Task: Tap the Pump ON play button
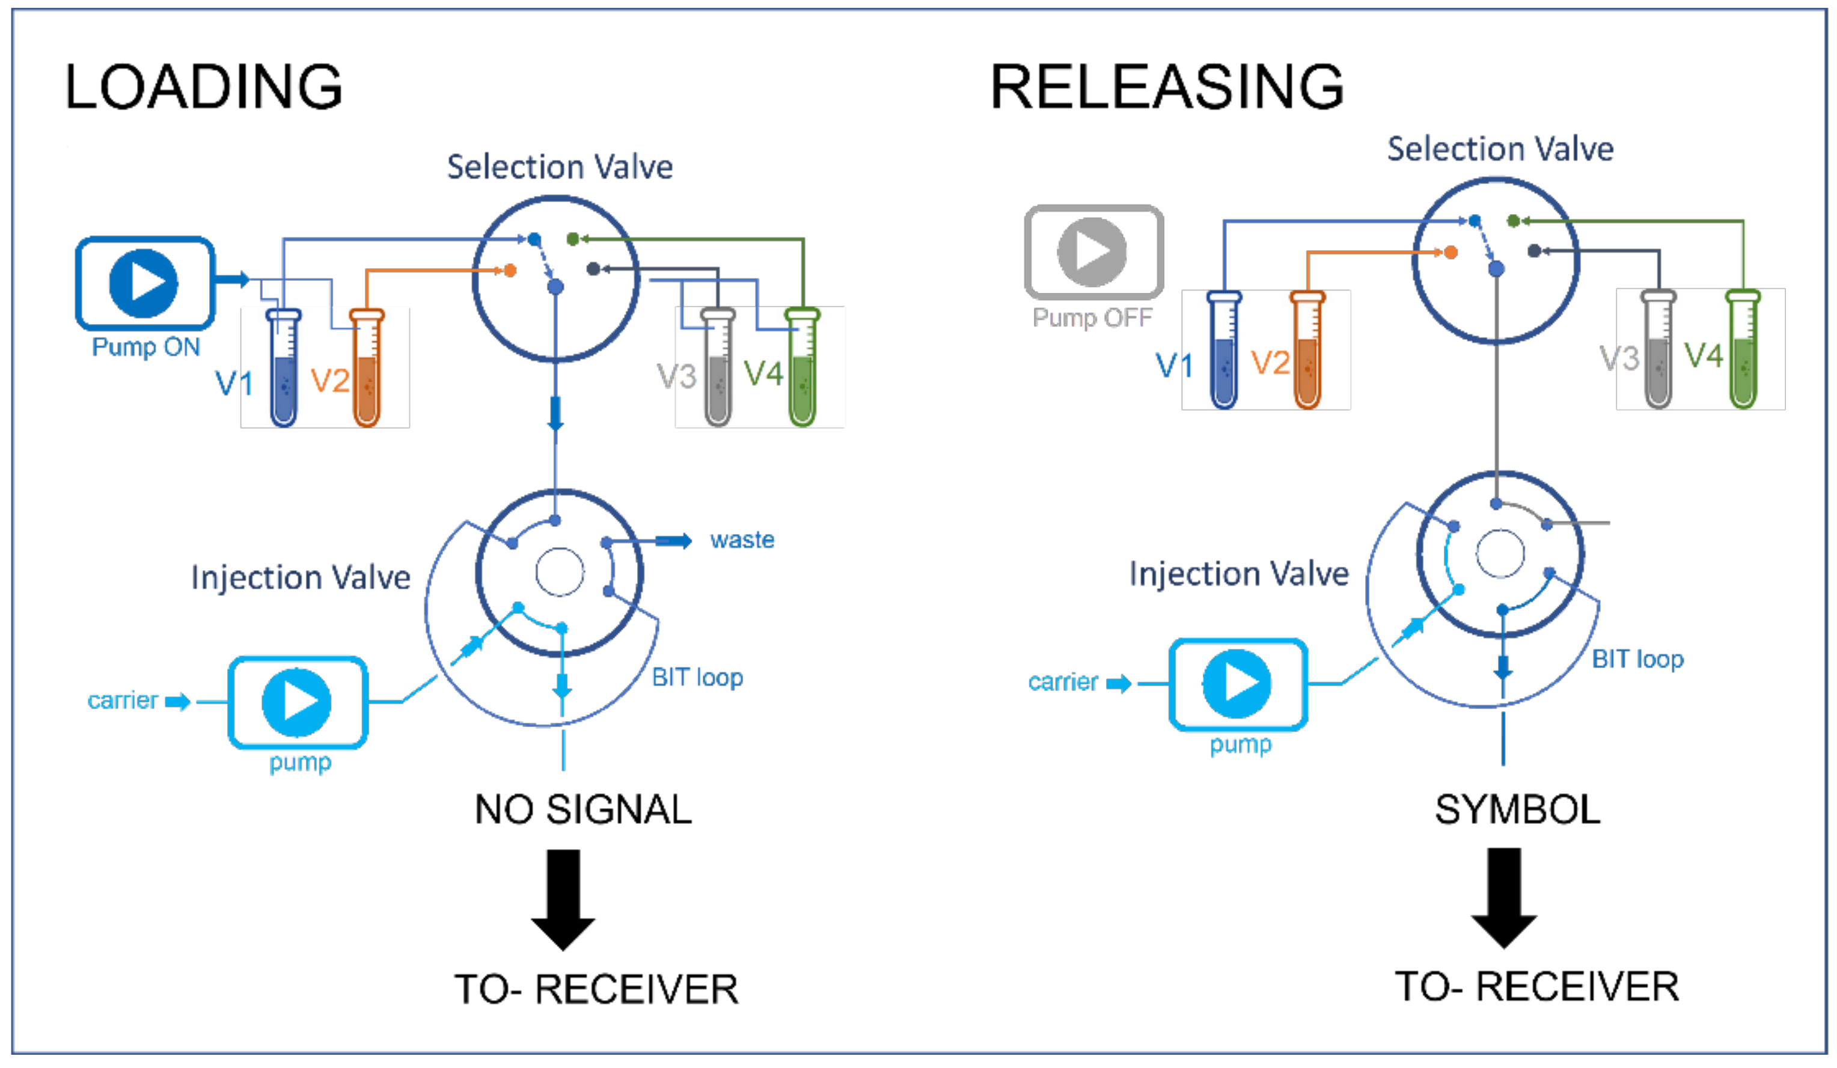pos(144,283)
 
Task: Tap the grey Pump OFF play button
pos(1092,251)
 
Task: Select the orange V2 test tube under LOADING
pos(367,368)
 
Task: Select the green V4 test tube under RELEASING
pos(1743,350)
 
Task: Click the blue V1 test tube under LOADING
pos(284,368)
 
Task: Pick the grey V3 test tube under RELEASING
pos(1658,350)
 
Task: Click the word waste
pos(742,540)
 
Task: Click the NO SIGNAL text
pos(583,810)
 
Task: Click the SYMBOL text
pos(1518,810)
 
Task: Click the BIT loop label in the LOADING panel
pos(698,678)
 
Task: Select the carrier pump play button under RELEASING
pos(1237,684)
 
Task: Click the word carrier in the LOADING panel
pos(123,701)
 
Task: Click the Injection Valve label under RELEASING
pos(1238,574)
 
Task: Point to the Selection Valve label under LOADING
pos(560,168)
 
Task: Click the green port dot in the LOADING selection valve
pos(573,239)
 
